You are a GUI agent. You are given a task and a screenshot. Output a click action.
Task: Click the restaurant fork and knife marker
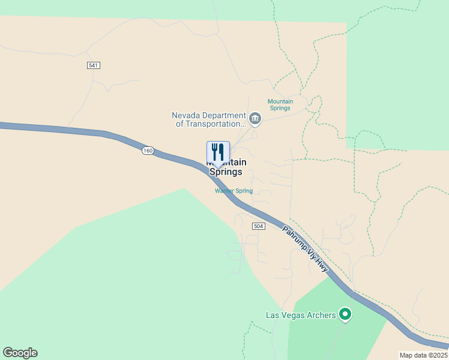click(x=218, y=152)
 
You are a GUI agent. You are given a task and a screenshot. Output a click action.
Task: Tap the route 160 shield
click(x=148, y=150)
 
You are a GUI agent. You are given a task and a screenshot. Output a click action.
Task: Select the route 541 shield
click(x=93, y=65)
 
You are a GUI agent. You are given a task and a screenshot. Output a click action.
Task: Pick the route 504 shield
click(x=258, y=226)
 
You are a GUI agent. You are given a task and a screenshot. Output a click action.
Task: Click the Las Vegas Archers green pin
click(x=345, y=314)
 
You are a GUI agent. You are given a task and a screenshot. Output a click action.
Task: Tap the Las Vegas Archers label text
click(x=300, y=315)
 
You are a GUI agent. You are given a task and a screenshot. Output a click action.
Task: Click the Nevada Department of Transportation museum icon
click(x=255, y=118)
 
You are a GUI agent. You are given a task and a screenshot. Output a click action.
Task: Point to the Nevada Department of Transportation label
click(x=209, y=119)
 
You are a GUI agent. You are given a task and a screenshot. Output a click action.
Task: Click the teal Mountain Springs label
click(x=280, y=105)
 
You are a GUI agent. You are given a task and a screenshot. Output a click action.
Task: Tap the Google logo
click(x=20, y=353)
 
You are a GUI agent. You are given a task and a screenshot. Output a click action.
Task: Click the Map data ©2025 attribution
click(x=424, y=355)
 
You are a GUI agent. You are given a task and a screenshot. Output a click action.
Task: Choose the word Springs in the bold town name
click(x=226, y=172)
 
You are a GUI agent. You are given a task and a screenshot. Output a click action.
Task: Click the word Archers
click(x=320, y=315)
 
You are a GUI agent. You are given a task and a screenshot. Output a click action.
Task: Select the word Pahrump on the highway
click(x=294, y=238)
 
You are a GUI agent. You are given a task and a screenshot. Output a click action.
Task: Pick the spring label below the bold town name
click(x=234, y=191)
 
